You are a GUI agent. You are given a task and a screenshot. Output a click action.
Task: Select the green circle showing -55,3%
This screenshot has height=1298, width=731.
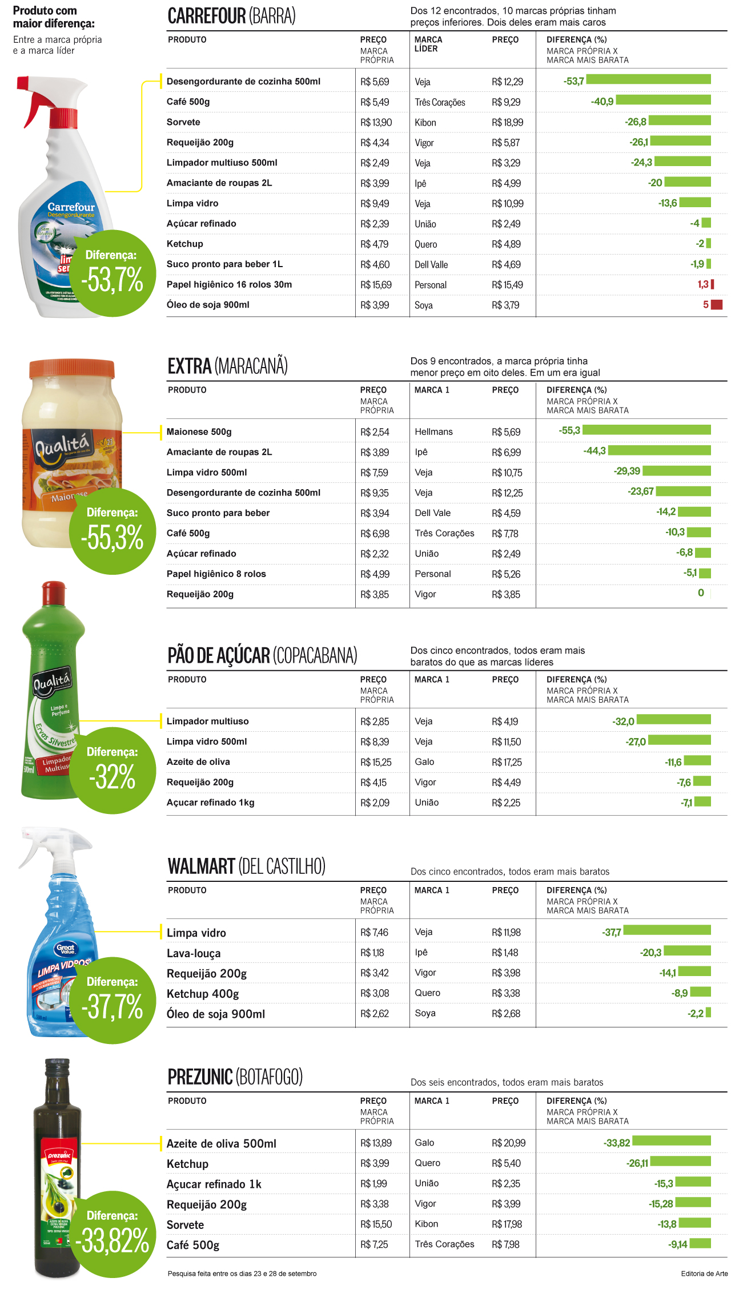point(113,531)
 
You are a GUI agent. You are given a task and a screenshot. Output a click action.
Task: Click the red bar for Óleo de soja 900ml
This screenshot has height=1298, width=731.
point(717,305)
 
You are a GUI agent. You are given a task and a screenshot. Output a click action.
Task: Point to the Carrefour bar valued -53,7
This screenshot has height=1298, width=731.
point(648,79)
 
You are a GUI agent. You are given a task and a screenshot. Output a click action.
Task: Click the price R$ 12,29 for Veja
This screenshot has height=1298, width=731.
point(507,82)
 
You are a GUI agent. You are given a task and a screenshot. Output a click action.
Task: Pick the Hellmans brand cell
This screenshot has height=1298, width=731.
point(433,432)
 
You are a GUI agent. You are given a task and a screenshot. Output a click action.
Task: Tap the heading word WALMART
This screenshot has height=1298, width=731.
point(201,866)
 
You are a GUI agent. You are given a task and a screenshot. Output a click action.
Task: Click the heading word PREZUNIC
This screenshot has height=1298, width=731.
point(200,1077)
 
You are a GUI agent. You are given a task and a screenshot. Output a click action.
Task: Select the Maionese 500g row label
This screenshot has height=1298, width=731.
point(199,432)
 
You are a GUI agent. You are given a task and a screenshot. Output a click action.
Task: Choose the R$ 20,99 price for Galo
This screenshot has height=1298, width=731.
point(508,1143)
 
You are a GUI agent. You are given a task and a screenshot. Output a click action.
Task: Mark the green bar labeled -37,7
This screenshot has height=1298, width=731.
point(667,930)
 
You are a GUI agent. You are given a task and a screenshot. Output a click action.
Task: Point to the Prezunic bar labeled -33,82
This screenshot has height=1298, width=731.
point(672,1141)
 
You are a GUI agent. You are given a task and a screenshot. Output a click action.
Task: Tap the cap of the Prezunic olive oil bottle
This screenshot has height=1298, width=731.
point(57,1066)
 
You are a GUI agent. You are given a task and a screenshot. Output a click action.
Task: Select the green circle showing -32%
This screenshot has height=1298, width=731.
point(113,771)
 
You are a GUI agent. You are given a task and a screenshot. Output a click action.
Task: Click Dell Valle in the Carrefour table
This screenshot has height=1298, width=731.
point(431,265)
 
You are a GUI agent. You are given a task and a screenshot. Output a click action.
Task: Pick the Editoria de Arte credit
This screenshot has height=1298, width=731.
point(704,1273)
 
